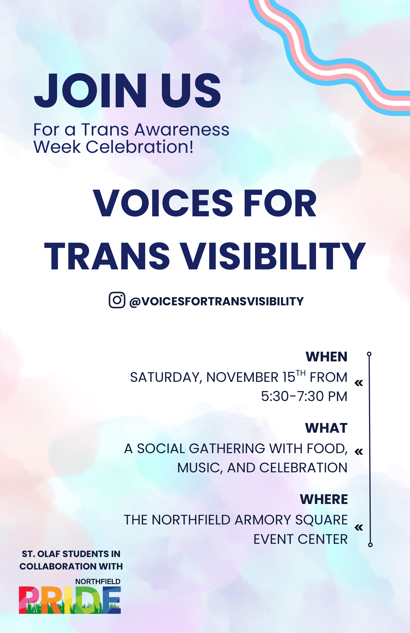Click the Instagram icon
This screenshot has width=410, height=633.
(x=117, y=300)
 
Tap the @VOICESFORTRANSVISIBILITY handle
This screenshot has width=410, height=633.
(x=216, y=302)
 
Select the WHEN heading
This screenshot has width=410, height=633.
(x=326, y=357)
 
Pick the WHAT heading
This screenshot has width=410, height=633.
(x=326, y=428)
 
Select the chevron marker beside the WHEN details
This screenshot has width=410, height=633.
(x=359, y=383)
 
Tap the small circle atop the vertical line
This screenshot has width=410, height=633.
(x=369, y=354)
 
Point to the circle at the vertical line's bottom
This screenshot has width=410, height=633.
(x=370, y=545)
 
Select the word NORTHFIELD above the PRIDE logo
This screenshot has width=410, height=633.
(x=98, y=582)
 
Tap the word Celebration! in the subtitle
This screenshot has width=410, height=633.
(x=140, y=147)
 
